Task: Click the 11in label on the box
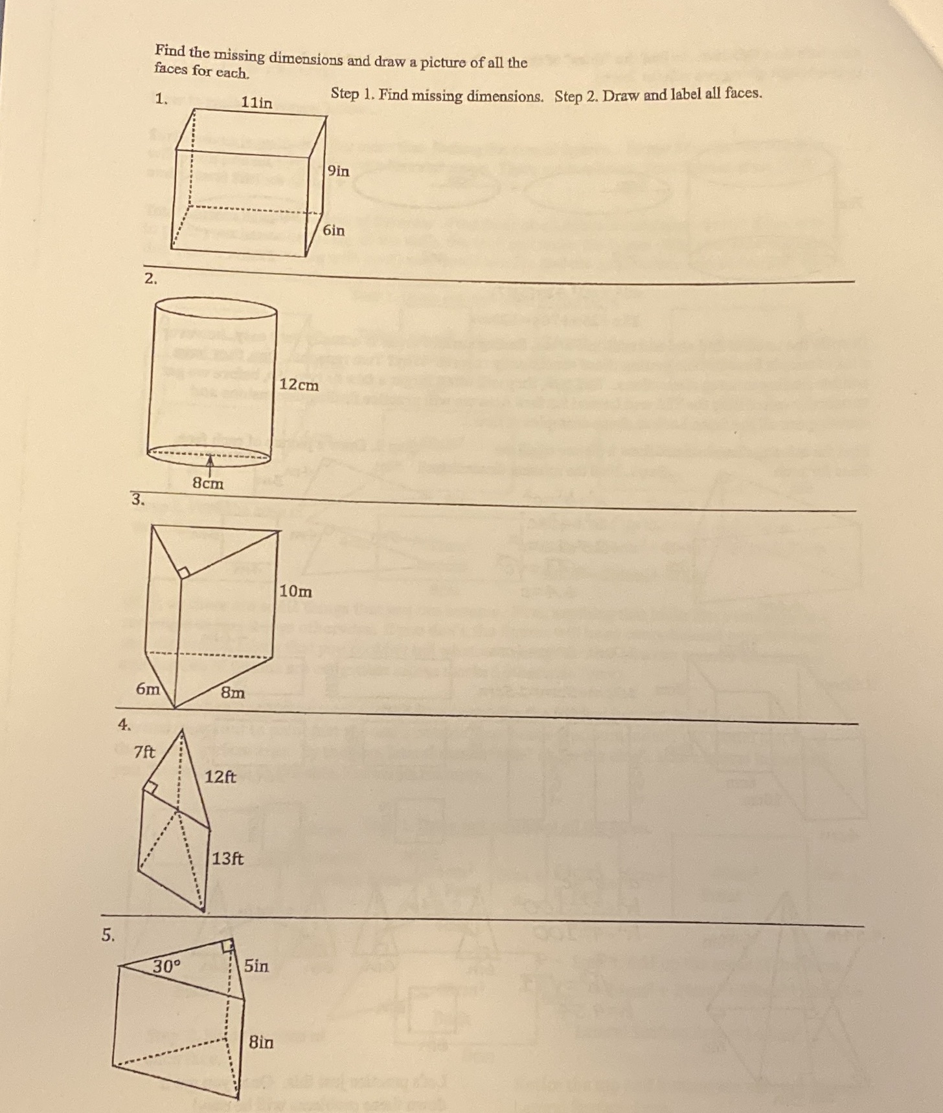256,102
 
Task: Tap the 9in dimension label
338,171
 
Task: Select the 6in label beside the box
334,230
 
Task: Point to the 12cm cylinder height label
299,385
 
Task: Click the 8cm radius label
207,483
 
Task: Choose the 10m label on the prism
295,591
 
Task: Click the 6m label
148,689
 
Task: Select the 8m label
233,692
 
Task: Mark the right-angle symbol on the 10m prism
183,572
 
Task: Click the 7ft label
144,752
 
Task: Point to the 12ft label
220,777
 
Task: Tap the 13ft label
228,859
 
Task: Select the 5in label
256,965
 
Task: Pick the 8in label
261,1042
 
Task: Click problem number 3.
137,499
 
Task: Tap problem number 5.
108,934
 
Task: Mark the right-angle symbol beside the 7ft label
151,788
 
